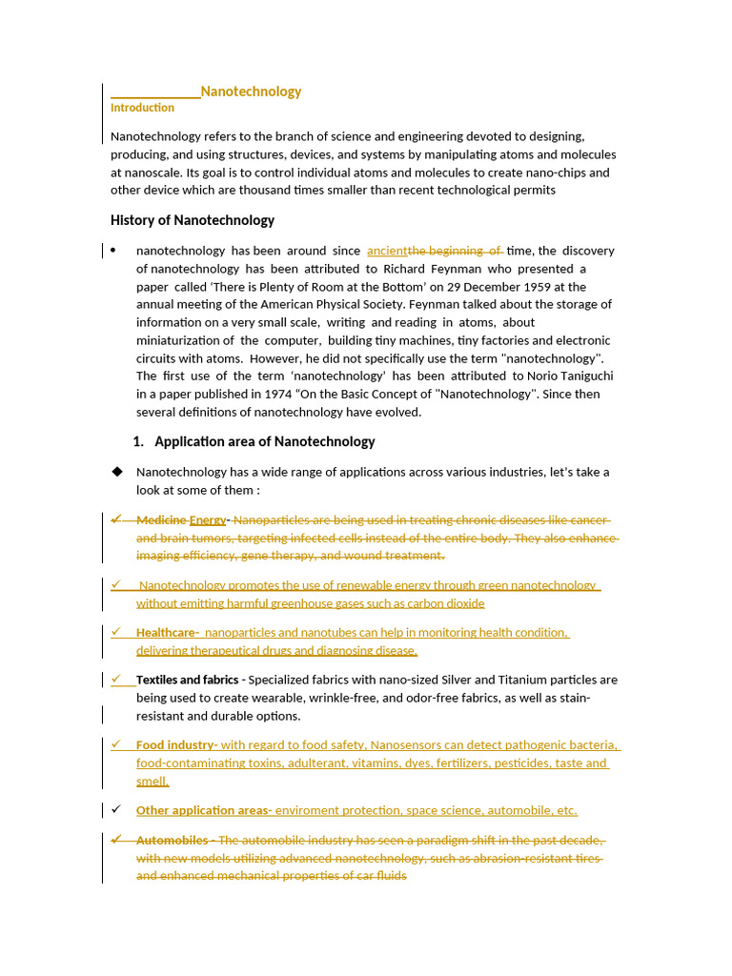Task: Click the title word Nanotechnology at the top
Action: pos(251,91)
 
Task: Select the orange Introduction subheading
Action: pos(142,108)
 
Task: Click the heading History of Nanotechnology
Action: pos(192,220)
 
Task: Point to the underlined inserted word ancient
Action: pos(387,251)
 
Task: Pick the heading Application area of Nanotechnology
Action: pos(264,441)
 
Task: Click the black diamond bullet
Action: pos(117,472)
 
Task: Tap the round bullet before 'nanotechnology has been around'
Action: pos(113,251)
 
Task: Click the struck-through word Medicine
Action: pos(160,520)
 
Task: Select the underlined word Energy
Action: pos(207,520)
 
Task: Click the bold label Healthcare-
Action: pos(167,633)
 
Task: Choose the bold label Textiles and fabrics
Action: pos(187,680)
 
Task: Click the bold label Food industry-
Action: pos(176,745)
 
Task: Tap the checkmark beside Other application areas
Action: pos(116,810)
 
